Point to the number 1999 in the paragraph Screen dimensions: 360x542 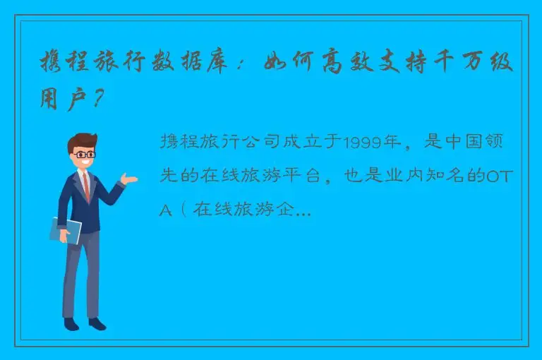tap(360, 142)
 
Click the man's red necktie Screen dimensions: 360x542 tap(85, 186)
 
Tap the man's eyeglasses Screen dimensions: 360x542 tap(85, 153)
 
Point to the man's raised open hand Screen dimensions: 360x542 tap(128, 179)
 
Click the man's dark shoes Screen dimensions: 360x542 tap(85, 323)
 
